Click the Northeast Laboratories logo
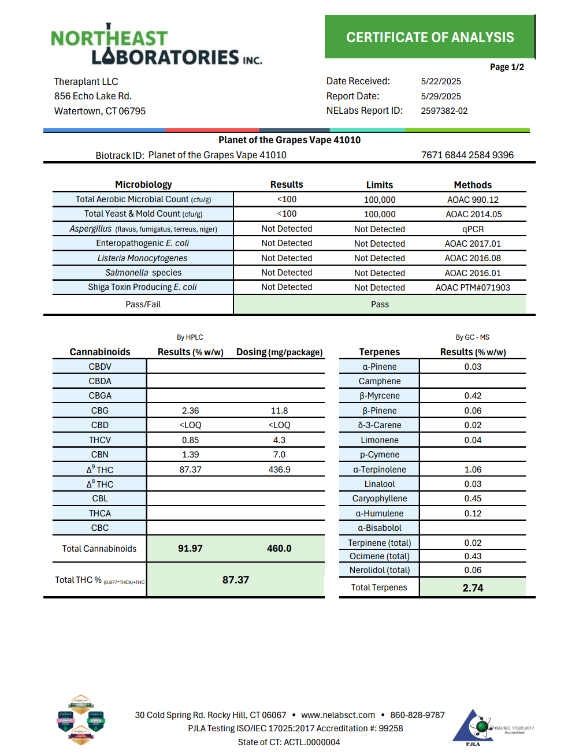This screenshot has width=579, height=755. pyautogui.click(x=156, y=45)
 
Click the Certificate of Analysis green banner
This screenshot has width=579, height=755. pyautogui.click(x=429, y=37)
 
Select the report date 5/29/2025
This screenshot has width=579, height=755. pyautogui.click(x=441, y=96)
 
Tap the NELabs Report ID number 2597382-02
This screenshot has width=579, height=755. pyautogui.click(x=444, y=111)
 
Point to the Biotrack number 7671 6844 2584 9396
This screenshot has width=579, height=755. pyautogui.click(x=467, y=155)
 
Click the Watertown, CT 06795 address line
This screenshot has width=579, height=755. pyautogui.click(x=100, y=111)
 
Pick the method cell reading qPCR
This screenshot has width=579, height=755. pyautogui.click(x=472, y=229)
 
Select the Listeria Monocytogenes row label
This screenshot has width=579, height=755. pyautogui.click(x=142, y=258)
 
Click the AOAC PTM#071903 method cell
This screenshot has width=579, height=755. pyautogui.click(x=472, y=288)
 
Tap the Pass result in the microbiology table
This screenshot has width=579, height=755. pyautogui.click(x=380, y=304)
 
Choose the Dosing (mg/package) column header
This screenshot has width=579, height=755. pyautogui.click(x=279, y=352)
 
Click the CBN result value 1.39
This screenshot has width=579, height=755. pyautogui.click(x=190, y=455)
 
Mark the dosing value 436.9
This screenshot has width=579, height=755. pyautogui.click(x=279, y=470)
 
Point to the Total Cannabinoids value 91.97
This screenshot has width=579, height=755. pyautogui.click(x=190, y=548)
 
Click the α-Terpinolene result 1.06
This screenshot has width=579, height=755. pyautogui.click(x=472, y=470)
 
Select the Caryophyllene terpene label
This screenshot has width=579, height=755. pyautogui.click(x=379, y=499)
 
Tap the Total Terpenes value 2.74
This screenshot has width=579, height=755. pyautogui.click(x=472, y=587)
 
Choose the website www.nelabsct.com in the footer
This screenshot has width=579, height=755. pyautogui.click(x=337, y=715)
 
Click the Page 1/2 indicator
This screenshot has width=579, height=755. pyautogui.click(x=507, y=67)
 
